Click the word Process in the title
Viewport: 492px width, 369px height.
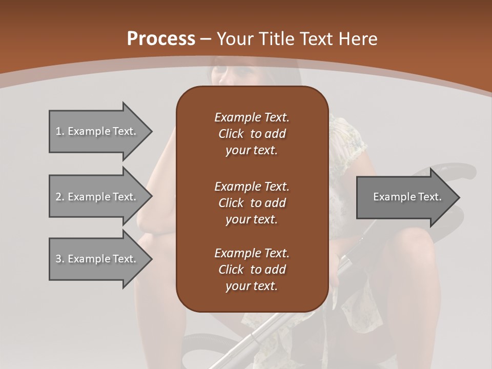[161, 38]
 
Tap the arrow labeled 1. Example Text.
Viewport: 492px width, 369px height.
[97, 131]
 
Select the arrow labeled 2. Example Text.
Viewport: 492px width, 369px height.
[97, 197]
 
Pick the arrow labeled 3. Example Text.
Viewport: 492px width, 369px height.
[97, 259]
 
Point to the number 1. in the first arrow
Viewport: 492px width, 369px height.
[59, 131]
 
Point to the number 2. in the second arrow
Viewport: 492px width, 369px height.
[59, 197]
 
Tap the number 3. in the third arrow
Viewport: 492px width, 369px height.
[59, 259]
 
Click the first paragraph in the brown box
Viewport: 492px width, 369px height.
[252, 134]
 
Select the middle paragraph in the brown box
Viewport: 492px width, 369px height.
[252, 202]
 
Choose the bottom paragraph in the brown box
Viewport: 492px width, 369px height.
[252, 270]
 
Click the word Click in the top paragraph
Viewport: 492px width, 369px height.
[231, 134]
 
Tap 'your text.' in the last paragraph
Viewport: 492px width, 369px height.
[252, 286]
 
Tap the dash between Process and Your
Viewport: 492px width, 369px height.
[206, 39]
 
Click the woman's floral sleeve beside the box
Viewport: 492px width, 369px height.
[346, 138]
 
